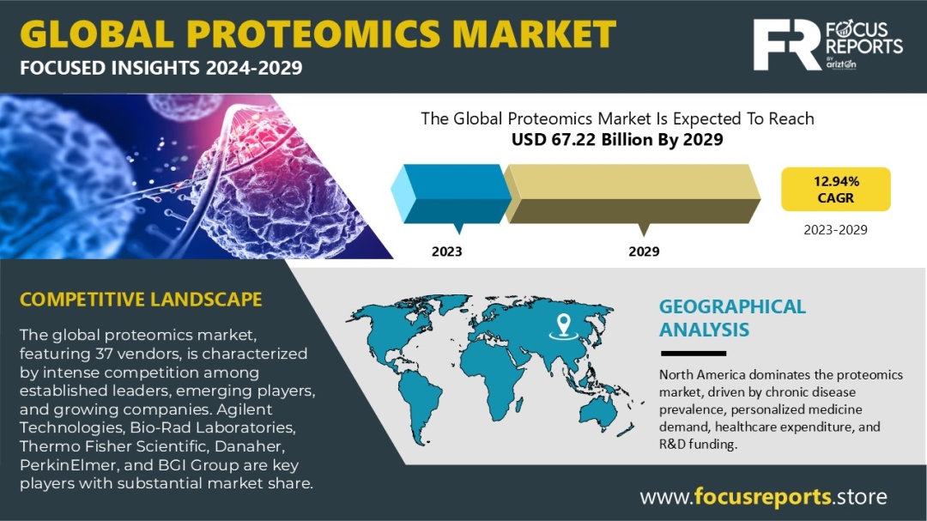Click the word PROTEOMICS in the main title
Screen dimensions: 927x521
coord(314,33)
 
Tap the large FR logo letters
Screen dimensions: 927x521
coord(787,45)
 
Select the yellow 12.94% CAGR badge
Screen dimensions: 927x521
coord(835,189)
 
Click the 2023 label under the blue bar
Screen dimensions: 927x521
coord(446,251)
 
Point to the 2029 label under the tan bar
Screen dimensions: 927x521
coord(644,251)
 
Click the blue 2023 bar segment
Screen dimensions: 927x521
coord(451,194)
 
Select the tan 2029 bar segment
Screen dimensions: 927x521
coord(632,194)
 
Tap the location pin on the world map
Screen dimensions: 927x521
coord(563,326)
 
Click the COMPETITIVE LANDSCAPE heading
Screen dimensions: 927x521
coord(141,300)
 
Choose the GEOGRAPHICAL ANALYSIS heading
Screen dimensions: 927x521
coord(732,318)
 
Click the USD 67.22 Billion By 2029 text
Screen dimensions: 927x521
coord(617,140)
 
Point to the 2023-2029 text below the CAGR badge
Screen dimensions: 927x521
coord(835,230)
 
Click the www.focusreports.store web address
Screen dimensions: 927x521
coord(763,497)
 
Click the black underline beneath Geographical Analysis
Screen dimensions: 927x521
coord(693,354)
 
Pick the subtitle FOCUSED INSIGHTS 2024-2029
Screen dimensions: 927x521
coord(161,68)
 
